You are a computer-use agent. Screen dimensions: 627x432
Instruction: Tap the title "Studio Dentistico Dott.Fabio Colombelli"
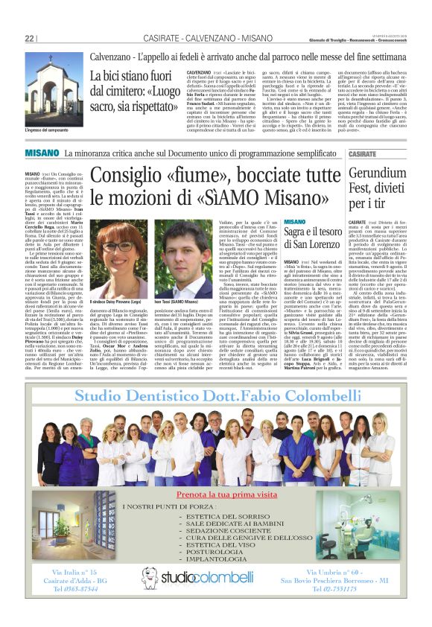(215, 393)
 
